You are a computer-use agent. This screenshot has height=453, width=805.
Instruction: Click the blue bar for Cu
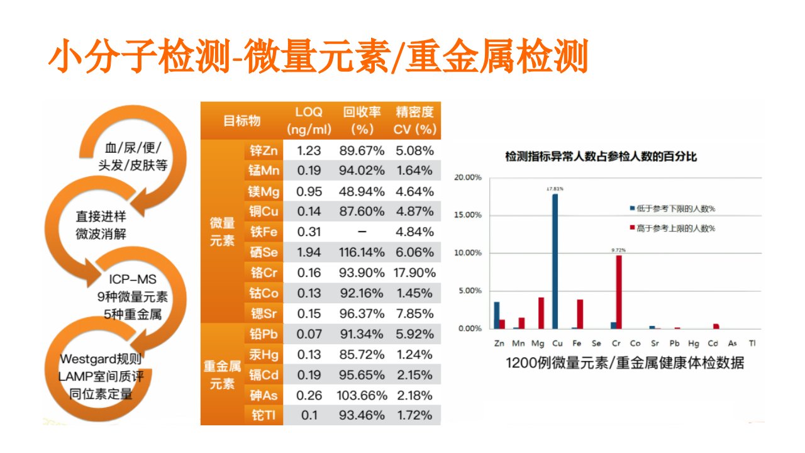point(555,261)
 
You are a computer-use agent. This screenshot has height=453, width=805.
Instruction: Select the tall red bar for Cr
point(619,292)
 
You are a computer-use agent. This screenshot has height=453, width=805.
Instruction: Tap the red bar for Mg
point(541,313)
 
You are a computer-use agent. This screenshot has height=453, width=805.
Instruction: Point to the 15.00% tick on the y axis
point(467,215)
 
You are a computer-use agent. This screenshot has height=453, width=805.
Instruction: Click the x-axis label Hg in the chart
point(694,344)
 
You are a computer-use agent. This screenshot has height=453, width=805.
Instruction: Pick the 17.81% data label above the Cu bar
point(555,189)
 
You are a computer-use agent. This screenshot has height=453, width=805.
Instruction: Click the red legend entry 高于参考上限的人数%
point(672,228)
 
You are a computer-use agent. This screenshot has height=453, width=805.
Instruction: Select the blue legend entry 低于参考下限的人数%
point(672,208)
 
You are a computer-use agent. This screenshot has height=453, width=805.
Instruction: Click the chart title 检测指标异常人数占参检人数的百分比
point(601,157)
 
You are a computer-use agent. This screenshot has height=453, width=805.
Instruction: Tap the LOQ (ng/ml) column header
point(309,121)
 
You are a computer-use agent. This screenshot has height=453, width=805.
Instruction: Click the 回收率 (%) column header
point(362,121)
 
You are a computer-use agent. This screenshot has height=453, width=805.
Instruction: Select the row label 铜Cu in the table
point(264,211)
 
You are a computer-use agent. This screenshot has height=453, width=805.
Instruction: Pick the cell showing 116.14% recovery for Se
point(362,252)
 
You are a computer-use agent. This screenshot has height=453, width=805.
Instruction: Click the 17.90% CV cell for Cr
point(414,273)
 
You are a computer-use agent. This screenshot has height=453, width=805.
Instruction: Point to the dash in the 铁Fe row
point(362,232)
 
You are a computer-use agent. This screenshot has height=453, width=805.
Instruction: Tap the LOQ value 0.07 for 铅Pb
point(309,334)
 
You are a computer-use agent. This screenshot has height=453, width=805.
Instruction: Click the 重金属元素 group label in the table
point(222,375)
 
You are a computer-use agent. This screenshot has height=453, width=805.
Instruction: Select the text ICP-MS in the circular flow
point(133,279)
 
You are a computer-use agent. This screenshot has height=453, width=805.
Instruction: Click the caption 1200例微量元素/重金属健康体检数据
point(625,363)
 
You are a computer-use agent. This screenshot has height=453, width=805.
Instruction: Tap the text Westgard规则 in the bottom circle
point(101,359)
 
